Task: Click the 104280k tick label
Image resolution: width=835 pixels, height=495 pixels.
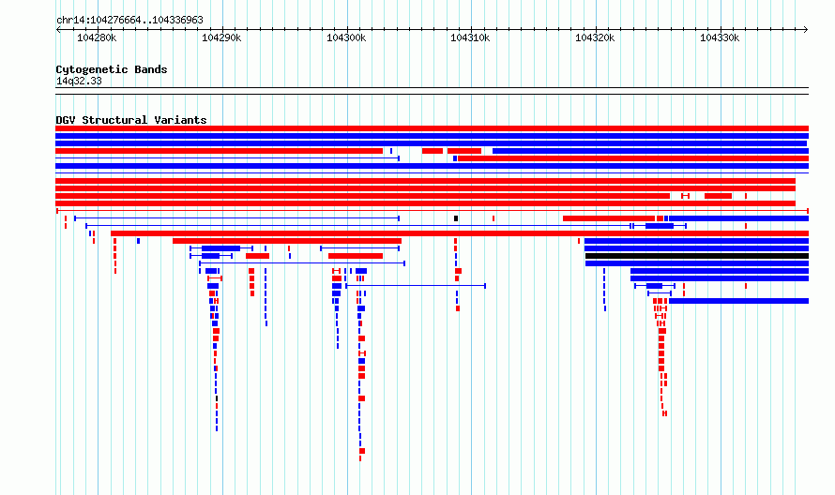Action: pos(97,37)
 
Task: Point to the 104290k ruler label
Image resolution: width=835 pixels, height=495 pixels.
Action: pos(221,37)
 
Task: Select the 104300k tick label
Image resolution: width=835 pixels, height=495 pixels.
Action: pos(346,37)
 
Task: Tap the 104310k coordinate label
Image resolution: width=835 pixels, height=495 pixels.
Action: pos(470,37)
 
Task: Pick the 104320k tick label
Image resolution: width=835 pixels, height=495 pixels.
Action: pos(595,37)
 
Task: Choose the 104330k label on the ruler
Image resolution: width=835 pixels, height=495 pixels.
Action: pos(720,37)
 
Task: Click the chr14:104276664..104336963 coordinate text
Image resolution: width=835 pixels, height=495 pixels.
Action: pos(129,21)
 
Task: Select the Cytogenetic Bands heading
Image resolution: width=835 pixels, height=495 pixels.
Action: pos(112,69)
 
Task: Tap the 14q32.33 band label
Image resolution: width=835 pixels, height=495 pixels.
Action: pos(79,81)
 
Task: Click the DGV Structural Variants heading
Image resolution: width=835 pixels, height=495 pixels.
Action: pos(131,120)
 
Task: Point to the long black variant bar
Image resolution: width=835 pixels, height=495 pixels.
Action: pos(697,256)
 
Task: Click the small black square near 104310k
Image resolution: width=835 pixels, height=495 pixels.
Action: pos(456,218)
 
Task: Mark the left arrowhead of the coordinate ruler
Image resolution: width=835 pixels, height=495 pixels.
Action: pos(57,30)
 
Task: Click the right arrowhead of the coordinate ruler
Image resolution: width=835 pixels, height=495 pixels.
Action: pos(806,30)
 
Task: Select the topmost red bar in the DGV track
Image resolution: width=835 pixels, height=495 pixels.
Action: pos(432,128)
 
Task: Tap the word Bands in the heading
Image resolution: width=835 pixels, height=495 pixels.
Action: pos(151,69)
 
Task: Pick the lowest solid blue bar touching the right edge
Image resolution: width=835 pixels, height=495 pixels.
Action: pos(738,301)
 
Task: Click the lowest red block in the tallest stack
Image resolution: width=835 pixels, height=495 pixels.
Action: pos(362,451)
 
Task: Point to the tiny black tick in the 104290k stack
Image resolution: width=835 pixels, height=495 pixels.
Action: pos(217,398)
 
